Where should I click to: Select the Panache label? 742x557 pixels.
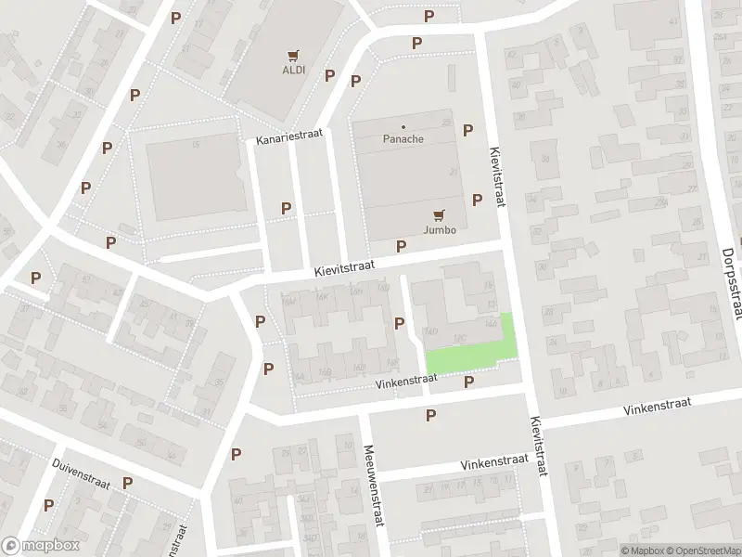403,139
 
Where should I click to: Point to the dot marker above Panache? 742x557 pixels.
403,126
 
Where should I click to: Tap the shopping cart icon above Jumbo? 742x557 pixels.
439,214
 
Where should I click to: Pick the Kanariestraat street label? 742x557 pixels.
290,136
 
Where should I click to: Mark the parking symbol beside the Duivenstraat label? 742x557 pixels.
127,483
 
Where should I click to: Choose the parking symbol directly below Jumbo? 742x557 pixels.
402,246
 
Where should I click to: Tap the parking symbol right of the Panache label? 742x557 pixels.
468,130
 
